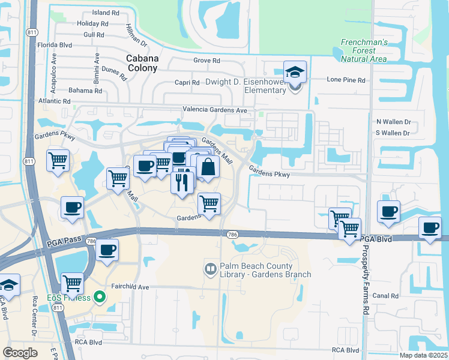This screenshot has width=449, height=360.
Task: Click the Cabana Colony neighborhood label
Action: click(x=142, y=63)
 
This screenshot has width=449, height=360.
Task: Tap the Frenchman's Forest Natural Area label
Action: click(x=364, y=50)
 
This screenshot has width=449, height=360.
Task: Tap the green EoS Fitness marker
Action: click(x=101, y=296)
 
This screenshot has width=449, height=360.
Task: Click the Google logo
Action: click(x=20, y=352)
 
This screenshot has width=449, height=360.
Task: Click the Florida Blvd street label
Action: click(x=55, y=45)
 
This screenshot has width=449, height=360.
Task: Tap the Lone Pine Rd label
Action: click(x=346, y=80)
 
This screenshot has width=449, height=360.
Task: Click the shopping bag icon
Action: click(x=208, y=168)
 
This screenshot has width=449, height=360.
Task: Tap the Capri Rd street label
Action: click(x=188, y=83)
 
